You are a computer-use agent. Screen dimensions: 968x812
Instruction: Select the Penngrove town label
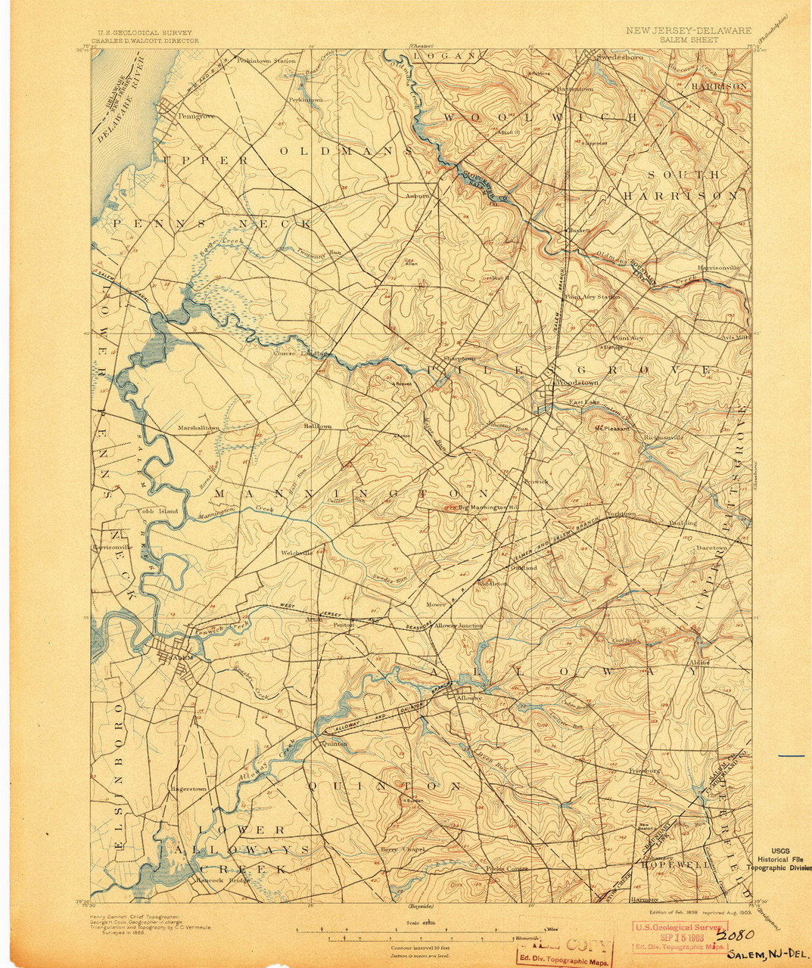tap(197, 116)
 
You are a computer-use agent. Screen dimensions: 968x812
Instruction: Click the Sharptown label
tap(459, 358)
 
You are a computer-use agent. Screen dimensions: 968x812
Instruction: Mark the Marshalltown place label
tap(198, 428)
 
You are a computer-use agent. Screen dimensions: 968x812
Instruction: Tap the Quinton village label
tap(334, 743)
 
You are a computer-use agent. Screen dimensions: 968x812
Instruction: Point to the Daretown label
tap(711, 547)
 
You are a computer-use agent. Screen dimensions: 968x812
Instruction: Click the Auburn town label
tap(417, 195)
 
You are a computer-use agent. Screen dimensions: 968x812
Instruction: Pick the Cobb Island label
tap(157, 511)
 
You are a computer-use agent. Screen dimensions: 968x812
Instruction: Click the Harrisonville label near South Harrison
tap(718, 268)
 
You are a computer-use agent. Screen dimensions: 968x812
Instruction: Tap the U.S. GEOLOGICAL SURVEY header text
tap(142, 33)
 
